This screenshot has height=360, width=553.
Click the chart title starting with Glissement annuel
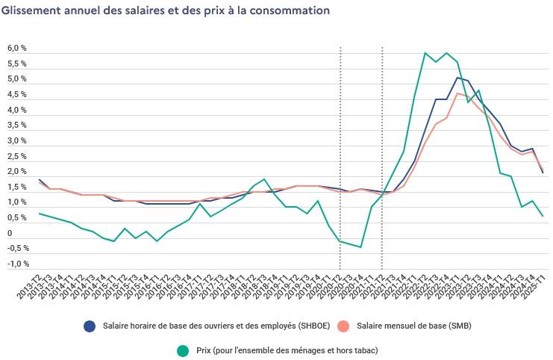pyautogui.click(x=165, y=11)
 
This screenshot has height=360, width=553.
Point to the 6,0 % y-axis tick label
pyautogui.click(x=17, y=49)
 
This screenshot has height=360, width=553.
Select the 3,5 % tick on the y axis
pyautogui.click(x=17, y=125)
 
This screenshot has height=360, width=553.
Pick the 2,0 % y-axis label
pyautogui.click(x=17, y=172)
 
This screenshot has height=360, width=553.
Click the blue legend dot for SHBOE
pyautogui.click(x=90, y=326)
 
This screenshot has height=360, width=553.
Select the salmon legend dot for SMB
pyautogui.click(x=343, y=326)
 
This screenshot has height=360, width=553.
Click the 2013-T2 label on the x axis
pyautogui.click(x=31, y=284)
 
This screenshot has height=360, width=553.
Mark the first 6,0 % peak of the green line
pyautogui.click(x=425, y=53)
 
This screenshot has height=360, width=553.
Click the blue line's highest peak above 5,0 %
pyautogui.click(x=457, y=78)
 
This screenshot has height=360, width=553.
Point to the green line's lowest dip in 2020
pyautogui.click(x=361, y=247)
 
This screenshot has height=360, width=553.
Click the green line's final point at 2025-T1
pyautogui.click(x=543, y=217)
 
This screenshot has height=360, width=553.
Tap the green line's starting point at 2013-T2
pyautogui.click(x=39, y=214)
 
